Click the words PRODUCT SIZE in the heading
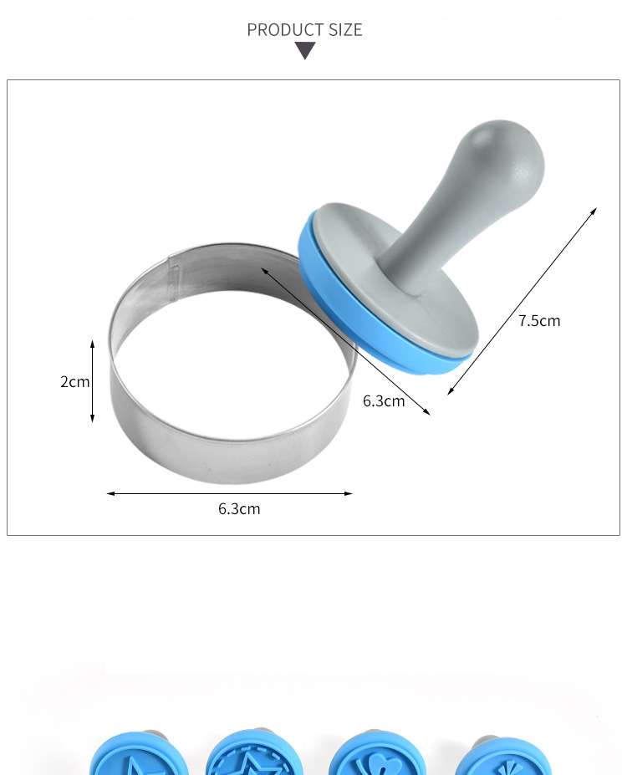coord(304,29)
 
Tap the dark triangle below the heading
coord(305,50)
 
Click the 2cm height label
coord(74,381)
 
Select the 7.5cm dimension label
coord(539,321)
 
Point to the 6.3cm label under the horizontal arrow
coord(239,508)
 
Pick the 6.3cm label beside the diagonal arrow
coord(384,400)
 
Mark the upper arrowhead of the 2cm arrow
coord(93,343)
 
